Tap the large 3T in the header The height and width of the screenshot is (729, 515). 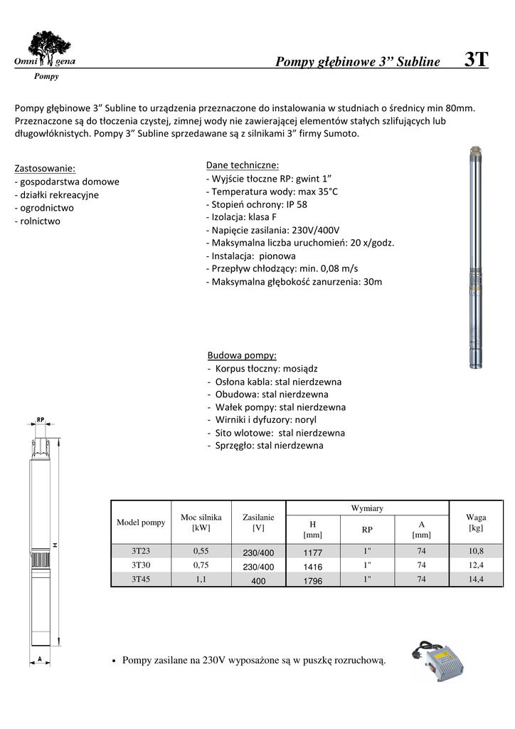[x=475, y=60]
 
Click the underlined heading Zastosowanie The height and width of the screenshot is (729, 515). [x=45, y=169]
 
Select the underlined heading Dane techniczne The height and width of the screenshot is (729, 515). [x=242, y=164]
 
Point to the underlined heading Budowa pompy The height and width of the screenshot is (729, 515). [x=242, y=355]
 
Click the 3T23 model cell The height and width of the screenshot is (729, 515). [x=140, y=552]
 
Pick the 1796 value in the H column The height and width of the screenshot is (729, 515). [x=313, y=581]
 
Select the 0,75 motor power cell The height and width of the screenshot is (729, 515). [x=201, y=565]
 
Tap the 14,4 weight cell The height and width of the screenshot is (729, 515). [x=476, y=579]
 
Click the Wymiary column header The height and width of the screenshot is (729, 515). [x=367, y=508]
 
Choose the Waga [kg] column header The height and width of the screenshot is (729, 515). [x=476, y=523]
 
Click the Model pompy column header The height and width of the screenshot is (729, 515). [x=140, y=523]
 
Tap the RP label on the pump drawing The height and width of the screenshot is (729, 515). [x=41, y=419]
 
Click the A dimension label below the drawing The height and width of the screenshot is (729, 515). [x=41, y=657]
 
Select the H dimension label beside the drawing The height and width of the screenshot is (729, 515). [x=55, y=545]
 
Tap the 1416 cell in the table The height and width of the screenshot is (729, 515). [x=313, y=567]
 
